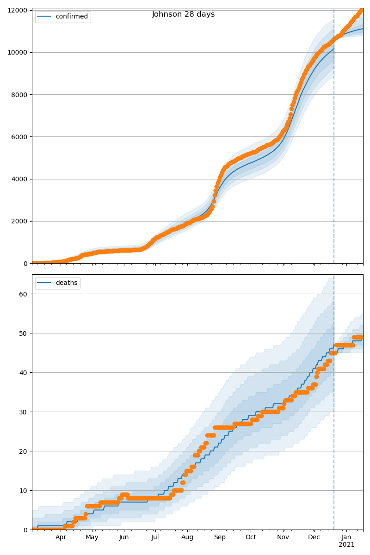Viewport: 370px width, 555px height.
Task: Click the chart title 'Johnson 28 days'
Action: [183, 14]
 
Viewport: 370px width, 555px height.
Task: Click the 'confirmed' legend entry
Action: [72, 17]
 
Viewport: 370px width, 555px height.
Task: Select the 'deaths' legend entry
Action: [67, 283]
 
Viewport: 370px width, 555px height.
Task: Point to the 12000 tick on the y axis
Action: [18, 10]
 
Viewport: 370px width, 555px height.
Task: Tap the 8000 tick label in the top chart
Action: [20, 95]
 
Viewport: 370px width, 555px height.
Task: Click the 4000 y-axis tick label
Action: [20, 179]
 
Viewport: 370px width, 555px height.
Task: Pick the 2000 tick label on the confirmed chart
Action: [20, 221]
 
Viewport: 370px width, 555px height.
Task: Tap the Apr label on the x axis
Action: [61, 537]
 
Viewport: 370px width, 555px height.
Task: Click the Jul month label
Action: [155, 537]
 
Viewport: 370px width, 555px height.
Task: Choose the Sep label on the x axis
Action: [220, 537]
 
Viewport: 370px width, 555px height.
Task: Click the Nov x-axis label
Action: [283, 537]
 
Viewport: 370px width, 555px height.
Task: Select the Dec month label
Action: [314, 537]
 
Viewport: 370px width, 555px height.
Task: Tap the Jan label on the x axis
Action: [346, 537]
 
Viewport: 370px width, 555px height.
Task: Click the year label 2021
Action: [346, 545]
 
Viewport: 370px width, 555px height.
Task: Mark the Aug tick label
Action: [187, 537]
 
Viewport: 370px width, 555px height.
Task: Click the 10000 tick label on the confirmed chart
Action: [18, 53]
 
